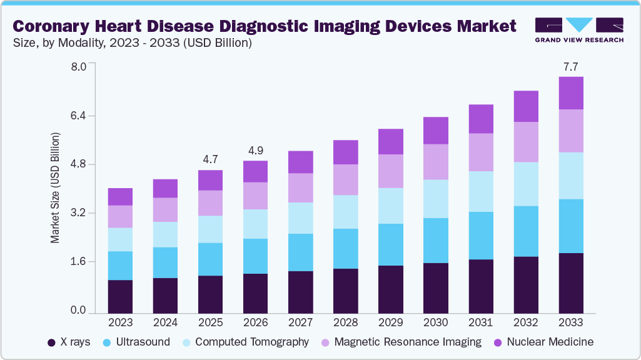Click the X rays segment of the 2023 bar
pyautogui.click(x=120, y=296)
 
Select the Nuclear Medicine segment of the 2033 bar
pyautogui.click(x=571, y=93)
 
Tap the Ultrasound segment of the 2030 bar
pyautogui.click(x=436, y=241)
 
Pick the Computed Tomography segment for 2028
pyautogui.click(x=345, y=212)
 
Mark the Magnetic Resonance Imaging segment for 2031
pyautogui.click(x=481, y=152)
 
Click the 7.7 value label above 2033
pyautogui.click(x=571, y=66)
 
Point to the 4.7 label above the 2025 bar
pyautogui.click(x=210, y=159)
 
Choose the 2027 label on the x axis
pyautogui.click(x=300, y=323)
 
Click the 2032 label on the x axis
pyautogui.click(x=526, y=323)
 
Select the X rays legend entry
pyautogui.click(x=69, y=342)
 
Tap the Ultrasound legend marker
pyautogui.click(x=106, y=342)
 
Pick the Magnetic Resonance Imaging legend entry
pyautogui.click(x=400, y=342)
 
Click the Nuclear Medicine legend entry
pyautogui.click(x=543, y=342)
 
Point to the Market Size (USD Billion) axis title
pyautogui.click(x=56, y=188)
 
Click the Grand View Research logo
pyautogui.click(x=579, y=29)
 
